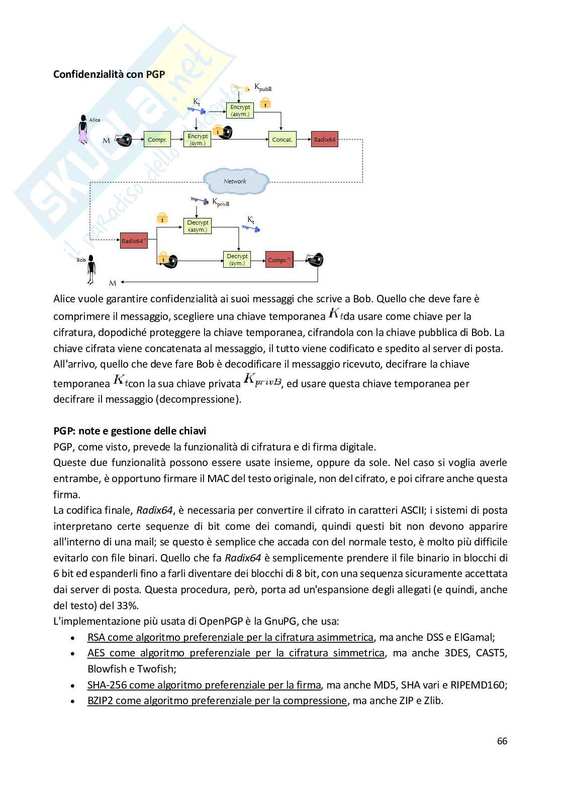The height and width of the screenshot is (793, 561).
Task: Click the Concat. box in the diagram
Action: tap(282, 140)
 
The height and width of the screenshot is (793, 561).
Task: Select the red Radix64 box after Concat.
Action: tap(324, 140)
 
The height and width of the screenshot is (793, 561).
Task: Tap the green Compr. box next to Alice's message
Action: tap(157, 140)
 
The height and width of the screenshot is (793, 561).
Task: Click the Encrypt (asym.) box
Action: tap(240, 110)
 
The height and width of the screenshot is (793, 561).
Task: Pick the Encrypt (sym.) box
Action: tap(198, 140)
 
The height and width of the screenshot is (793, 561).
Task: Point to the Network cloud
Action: tap(235, 181)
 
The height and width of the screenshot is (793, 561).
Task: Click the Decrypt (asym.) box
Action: tap(198, 226)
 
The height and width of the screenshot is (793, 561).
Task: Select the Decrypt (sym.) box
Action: tap(237, 260)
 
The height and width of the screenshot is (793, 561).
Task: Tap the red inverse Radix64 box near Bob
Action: tap(134, 241)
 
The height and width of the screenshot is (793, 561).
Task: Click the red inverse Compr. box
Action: tap(279, 260)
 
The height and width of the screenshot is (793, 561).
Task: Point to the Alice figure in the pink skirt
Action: tap(83, 130)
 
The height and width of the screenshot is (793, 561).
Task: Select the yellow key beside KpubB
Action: tap(242, 89)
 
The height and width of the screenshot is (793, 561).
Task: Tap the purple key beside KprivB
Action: tap(200, 201)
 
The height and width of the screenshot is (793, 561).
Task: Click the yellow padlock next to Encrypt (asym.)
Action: tap(265, 103)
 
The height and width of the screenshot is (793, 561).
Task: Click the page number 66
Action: tap(502, 741)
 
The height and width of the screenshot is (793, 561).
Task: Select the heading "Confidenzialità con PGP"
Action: tap(109, 74)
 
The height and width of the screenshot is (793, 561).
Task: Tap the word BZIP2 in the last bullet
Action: tap(100, 701)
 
